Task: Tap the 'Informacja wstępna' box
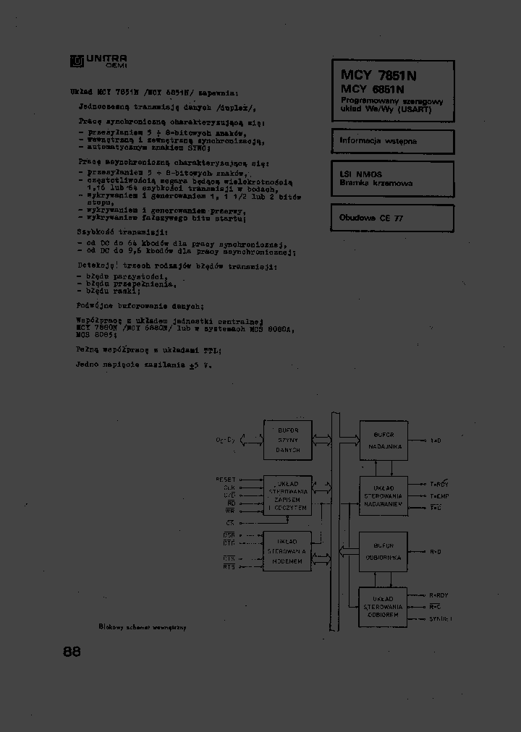click(x=392, y=141)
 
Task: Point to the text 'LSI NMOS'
click(x=360, y=174)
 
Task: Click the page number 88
click(x=72, y=651)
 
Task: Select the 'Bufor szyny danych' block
click(x=287, y=439)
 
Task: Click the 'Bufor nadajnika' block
click(x=383, y=440)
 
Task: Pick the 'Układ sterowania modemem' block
click(x=287, y=551)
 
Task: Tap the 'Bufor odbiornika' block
click(x=383, y=551)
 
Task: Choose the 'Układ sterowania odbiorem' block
click(x=383, y=607)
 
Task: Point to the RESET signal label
click(x=225, y=480)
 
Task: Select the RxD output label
click(x=436, y=552)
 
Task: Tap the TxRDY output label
click(x=439, y=484)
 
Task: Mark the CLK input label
click(x=229, y=488)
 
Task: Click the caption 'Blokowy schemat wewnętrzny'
click(x=142, y=628)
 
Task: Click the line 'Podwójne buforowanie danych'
click(x=140, y=306)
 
